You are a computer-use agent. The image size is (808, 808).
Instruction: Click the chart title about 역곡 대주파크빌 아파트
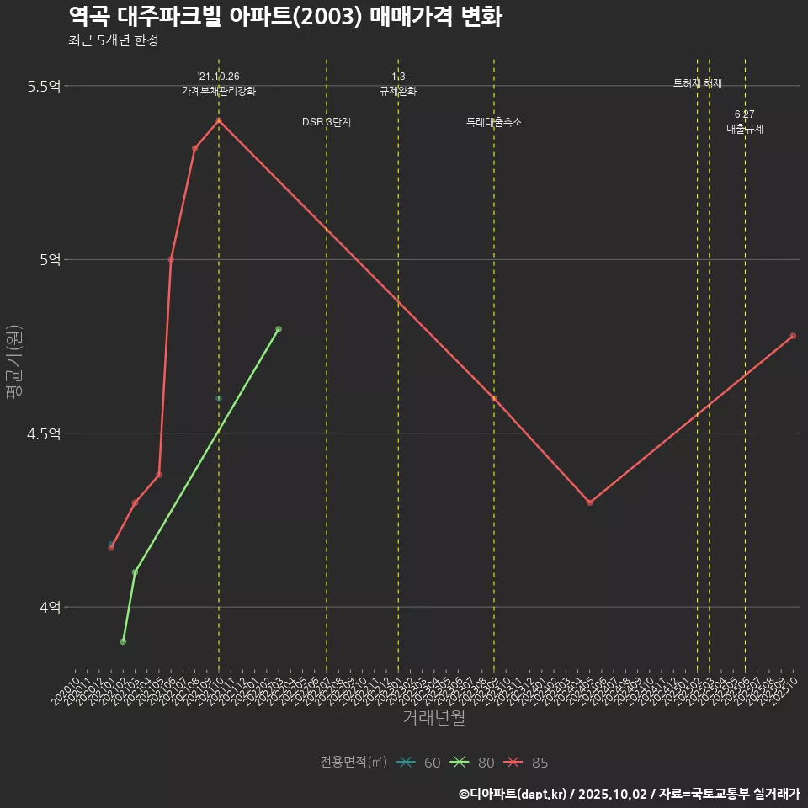285,16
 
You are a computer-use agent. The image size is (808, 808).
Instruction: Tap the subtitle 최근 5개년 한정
114,40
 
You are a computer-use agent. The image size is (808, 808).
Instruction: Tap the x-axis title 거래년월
433,718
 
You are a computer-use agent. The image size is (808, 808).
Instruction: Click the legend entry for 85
527,763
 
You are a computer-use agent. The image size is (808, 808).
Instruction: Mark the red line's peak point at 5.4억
219,120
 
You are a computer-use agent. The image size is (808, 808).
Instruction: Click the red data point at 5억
171,259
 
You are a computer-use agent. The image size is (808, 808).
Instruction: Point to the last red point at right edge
793,336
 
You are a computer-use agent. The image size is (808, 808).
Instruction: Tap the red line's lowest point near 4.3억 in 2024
589,502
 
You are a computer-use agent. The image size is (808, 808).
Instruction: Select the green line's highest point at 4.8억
279,329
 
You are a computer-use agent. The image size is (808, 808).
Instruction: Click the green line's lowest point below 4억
123,641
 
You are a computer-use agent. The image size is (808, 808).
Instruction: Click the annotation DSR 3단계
327,122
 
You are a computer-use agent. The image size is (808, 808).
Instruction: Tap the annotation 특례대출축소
494,122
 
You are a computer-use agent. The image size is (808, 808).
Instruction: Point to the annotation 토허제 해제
698,83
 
